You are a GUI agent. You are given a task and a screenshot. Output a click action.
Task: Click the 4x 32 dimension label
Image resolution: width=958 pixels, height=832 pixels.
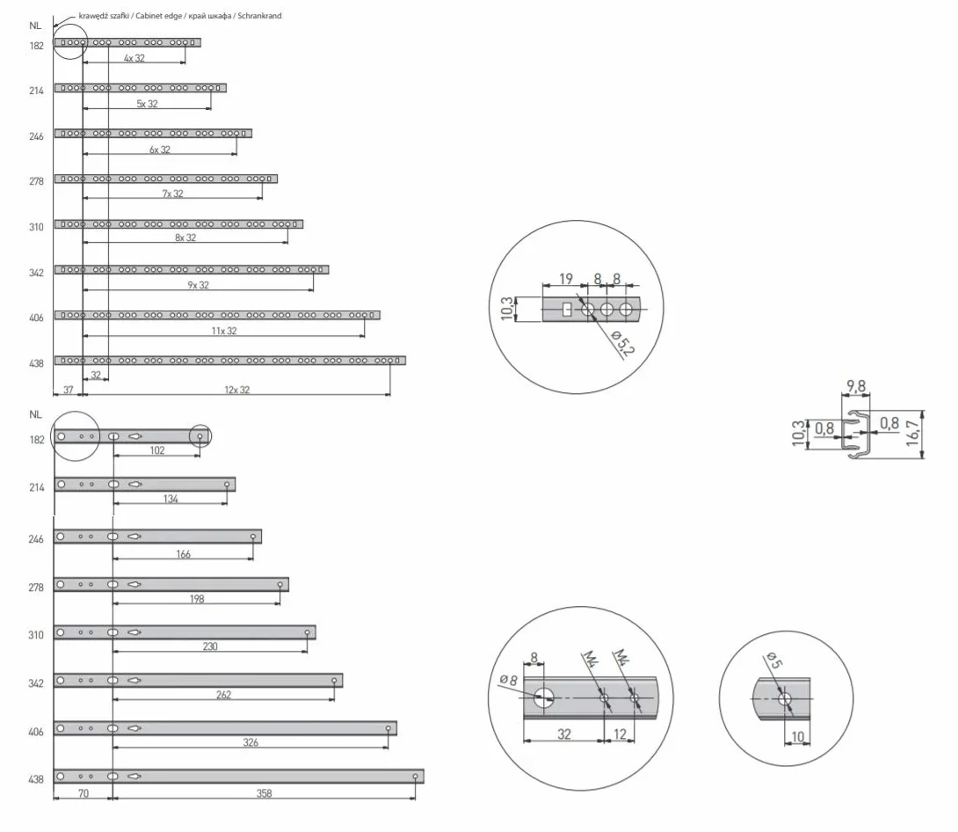(134, 58)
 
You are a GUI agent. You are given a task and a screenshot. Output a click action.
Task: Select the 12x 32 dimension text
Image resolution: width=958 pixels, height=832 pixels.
(237, 390)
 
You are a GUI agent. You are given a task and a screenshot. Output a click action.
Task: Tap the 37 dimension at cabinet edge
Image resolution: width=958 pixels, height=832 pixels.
(68, 390)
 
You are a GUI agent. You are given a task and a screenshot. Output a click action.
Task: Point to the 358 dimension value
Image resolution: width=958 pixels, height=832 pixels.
(264, 793)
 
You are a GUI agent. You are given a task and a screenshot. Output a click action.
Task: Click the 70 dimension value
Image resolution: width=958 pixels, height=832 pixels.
(83, 793)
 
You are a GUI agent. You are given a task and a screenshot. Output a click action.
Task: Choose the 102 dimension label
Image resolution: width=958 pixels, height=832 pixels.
(157, 450)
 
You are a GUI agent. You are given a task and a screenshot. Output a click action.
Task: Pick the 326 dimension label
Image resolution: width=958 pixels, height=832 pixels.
(250, 742)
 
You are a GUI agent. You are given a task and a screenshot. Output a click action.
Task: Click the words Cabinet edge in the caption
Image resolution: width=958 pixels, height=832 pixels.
(159, 16)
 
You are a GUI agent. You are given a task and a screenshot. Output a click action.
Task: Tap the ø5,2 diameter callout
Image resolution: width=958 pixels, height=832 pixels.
(622, 342)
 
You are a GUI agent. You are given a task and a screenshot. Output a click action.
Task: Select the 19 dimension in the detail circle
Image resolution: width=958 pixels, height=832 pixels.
(566, 279)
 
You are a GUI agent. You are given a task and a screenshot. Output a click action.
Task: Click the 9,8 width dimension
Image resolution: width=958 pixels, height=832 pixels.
(856, 386)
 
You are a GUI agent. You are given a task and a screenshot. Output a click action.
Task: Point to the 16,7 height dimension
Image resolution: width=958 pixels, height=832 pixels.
(913, 433)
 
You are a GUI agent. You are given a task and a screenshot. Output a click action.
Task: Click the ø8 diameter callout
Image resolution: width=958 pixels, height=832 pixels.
(508, 679)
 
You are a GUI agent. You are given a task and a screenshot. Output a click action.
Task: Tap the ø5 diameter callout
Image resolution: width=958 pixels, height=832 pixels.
(773, 660)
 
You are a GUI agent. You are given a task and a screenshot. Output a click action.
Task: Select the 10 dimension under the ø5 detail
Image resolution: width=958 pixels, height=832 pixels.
(798, 737)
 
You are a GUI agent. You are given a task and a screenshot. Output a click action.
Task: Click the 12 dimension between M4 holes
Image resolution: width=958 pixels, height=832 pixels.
(621, 733)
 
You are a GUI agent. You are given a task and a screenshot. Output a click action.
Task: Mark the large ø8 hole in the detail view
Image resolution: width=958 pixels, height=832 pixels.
(543, 697)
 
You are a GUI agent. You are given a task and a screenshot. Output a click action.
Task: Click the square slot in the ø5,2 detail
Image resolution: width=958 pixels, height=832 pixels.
(567, 310)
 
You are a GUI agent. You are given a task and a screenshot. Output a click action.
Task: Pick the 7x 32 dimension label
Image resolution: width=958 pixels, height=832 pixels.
(172, 193)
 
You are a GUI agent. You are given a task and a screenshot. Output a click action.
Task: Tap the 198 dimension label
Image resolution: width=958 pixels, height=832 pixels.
(197, 598)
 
